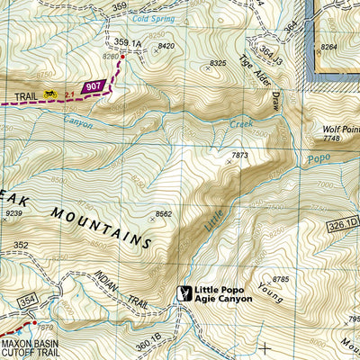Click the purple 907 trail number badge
[94, 87]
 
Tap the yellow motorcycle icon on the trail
[50, 94]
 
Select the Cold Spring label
[151, 17]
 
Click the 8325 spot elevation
[217, 64]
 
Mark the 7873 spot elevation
[239, 157]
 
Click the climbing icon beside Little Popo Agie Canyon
[185, 293]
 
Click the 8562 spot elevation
[163, 214]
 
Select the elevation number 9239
[13, 213]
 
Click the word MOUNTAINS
[101, 226]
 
